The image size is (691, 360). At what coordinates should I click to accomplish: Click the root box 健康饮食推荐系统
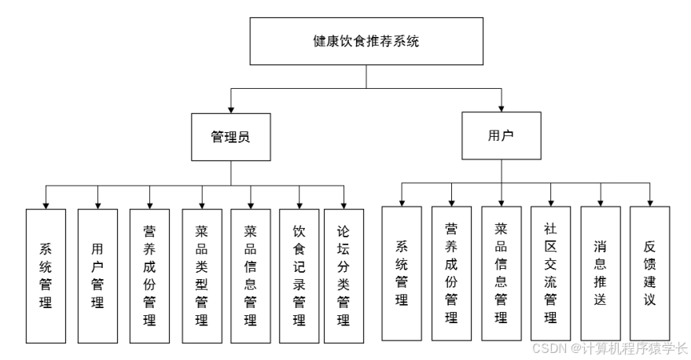pos(366,42)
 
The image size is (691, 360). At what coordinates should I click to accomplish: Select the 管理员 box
pos(230,137)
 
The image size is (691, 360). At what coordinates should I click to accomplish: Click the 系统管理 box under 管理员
pos(46,275)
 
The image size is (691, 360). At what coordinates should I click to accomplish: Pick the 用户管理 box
pos(97,275)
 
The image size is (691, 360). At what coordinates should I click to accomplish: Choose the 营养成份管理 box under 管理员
pos(149,275)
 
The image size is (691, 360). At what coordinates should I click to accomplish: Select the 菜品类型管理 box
pos(202,275)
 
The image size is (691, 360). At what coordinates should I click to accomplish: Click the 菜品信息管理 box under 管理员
pos(251,275)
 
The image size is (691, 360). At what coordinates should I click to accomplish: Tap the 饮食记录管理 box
pos(300,275)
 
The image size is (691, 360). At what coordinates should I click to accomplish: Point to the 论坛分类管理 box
pos(344,275)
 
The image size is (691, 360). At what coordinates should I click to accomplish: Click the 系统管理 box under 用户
pos(402,273)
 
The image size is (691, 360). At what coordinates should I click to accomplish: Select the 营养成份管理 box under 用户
pos(451,273)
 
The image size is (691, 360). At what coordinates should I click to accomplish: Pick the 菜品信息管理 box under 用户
pos(501,273)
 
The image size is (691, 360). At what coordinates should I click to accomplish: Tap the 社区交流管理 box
pos(550,273)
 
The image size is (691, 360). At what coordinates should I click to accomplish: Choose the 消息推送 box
pos(601,273)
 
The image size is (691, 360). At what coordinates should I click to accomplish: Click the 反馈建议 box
pos(650,273)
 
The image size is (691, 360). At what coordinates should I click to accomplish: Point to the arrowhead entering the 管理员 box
pos(230,107)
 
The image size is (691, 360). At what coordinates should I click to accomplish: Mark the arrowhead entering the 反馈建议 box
pos(650,201)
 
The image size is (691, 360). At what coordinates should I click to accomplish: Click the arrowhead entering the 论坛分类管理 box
pos(344,204)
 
